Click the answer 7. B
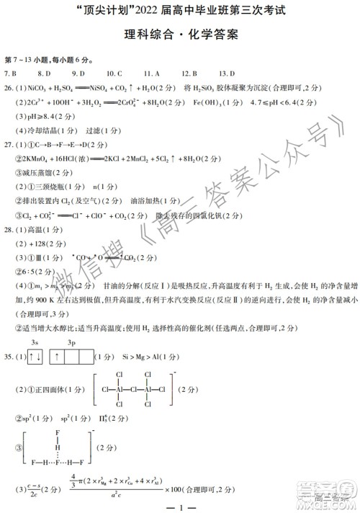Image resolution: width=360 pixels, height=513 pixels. [x=11, y=73]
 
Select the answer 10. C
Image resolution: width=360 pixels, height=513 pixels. [x=114, y=73]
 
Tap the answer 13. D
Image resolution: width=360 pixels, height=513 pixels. [x=227, y=73]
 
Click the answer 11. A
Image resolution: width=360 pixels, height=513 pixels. [x=151, y=73]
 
